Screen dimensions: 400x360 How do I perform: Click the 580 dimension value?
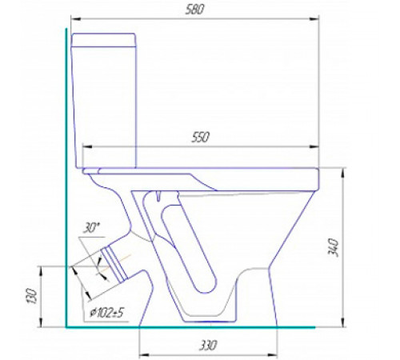pyautogui.click(x=194, y=10)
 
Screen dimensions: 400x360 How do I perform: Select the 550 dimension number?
pyautogui.click(x=201, y=137)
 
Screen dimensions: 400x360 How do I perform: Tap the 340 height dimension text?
pyautogui.click(x=333, y=248)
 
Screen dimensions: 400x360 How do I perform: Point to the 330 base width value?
pyautogui.click(x=208, y=346)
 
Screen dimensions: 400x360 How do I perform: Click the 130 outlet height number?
pyautogui.click(x=31, y=295)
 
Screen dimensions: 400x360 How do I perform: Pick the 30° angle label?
pyautogui.click(x=91, y=228)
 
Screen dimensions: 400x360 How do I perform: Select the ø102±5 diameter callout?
pyautogui.click(x=107, y=313)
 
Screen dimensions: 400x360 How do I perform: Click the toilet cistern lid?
pyautogui.click(x=104, y=40)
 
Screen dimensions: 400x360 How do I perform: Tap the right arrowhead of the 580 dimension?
pyautogui.click(x=314, y=19)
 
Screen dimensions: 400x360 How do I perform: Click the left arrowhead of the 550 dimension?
pyautogui.click(x=87, y=146)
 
